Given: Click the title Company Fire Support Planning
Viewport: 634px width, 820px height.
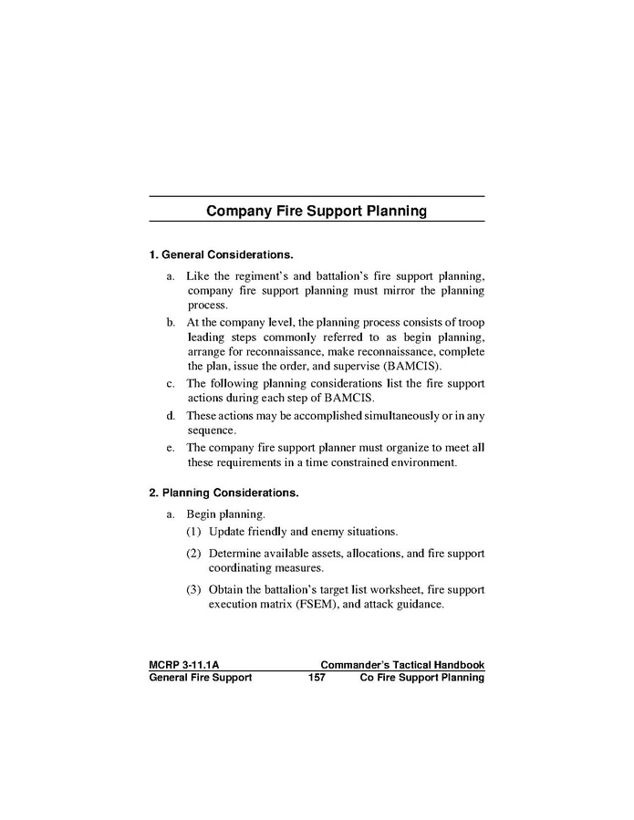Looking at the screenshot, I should click(317, 212).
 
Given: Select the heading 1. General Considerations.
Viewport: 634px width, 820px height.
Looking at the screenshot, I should click(221, 254).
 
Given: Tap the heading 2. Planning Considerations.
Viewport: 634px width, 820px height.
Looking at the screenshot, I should click(223, 493).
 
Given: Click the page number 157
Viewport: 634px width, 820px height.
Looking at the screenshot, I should click(317, 678).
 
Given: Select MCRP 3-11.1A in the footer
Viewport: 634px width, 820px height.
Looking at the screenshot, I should click(182, 665).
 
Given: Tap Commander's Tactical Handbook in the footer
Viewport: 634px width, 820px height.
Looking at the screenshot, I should click(402, 665).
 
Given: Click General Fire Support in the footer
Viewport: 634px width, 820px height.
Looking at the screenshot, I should click(200, 678).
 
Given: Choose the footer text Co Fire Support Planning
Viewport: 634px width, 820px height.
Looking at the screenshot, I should click(422, 678).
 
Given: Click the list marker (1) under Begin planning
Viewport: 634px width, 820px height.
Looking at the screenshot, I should click(194, 531).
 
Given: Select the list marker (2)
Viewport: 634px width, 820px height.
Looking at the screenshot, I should click(194, 553).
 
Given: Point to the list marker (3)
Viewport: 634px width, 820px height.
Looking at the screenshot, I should click(194, 589).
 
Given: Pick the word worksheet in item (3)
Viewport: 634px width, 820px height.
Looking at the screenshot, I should click(386, 589).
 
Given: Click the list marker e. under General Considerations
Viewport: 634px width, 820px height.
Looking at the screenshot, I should click(171, 448).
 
